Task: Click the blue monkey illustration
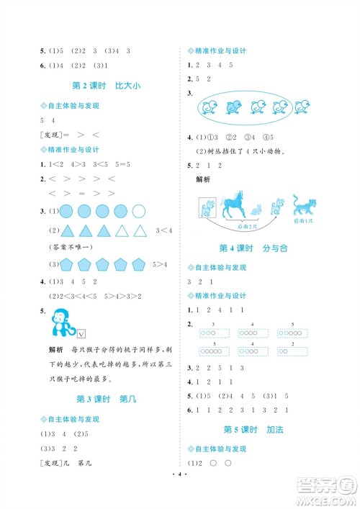tap(58, 325)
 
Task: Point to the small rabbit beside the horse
tap(256, 210)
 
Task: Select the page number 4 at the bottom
tap(180, 495)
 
